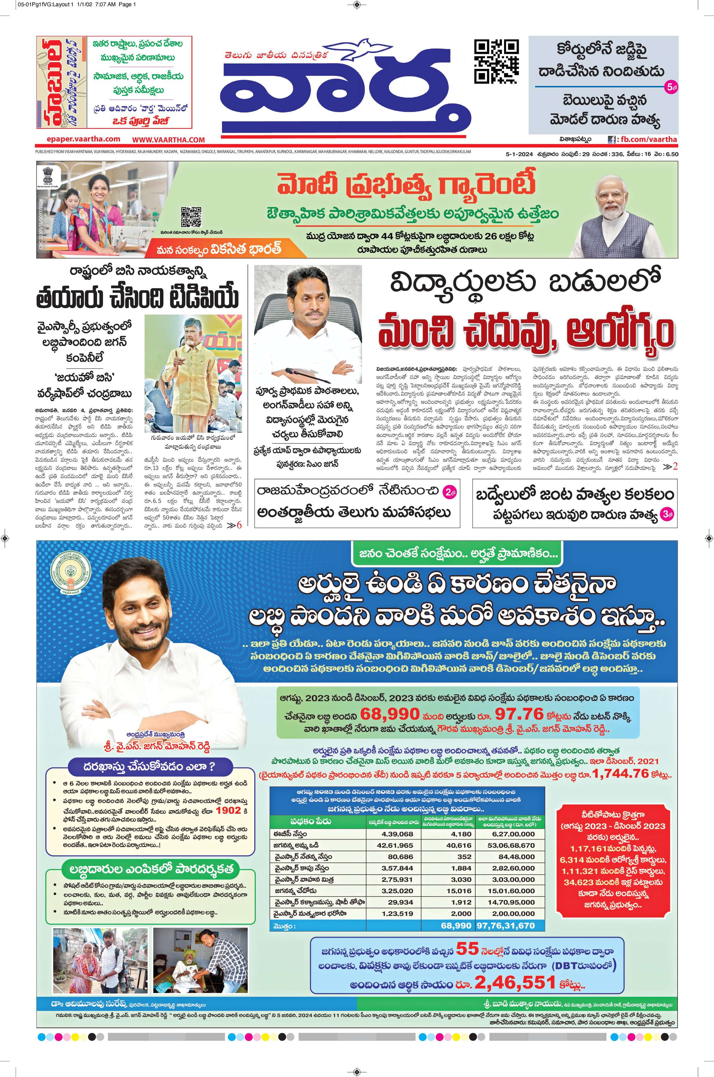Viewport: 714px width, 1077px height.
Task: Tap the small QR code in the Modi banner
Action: point(191,217)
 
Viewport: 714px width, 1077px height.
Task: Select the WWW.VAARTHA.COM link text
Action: point(169,140)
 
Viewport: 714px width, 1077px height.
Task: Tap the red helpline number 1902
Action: point(228,811)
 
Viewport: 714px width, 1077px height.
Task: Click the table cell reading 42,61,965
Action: point(395,845)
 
